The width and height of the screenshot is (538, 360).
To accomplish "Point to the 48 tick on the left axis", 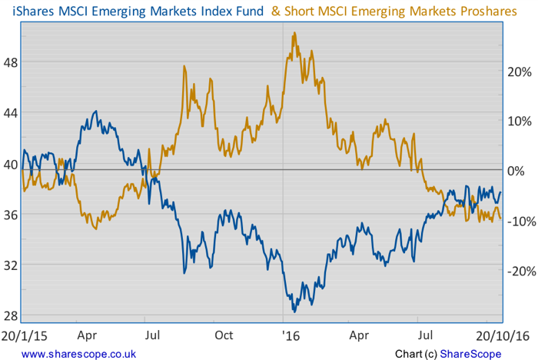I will [x=11, y=62].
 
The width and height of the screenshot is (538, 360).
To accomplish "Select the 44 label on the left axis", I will [x=11, y=113].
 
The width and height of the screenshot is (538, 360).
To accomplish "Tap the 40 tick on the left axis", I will [x=11, y=164].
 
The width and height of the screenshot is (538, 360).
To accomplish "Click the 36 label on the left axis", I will [x=11, y=214].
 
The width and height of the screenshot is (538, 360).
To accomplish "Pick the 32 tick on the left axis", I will [x=11, y=265].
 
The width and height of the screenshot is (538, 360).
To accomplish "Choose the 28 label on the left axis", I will [x=11, y=315].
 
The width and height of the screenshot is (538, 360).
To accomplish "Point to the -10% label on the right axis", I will [x=520, y=221].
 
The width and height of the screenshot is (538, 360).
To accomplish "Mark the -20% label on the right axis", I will [x=520, y=271].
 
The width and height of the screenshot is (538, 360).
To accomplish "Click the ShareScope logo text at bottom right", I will [x=470, y=353].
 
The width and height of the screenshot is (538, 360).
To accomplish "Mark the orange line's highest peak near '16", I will [x=294, y=33].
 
